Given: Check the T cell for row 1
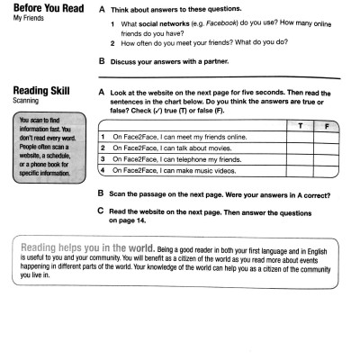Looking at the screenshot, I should [298, 137].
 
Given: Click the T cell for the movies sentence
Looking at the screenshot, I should [298, 148].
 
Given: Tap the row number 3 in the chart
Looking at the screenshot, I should [103, 158].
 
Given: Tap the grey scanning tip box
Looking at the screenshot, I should [45, 144].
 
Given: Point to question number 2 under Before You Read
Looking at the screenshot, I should [112, 42].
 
